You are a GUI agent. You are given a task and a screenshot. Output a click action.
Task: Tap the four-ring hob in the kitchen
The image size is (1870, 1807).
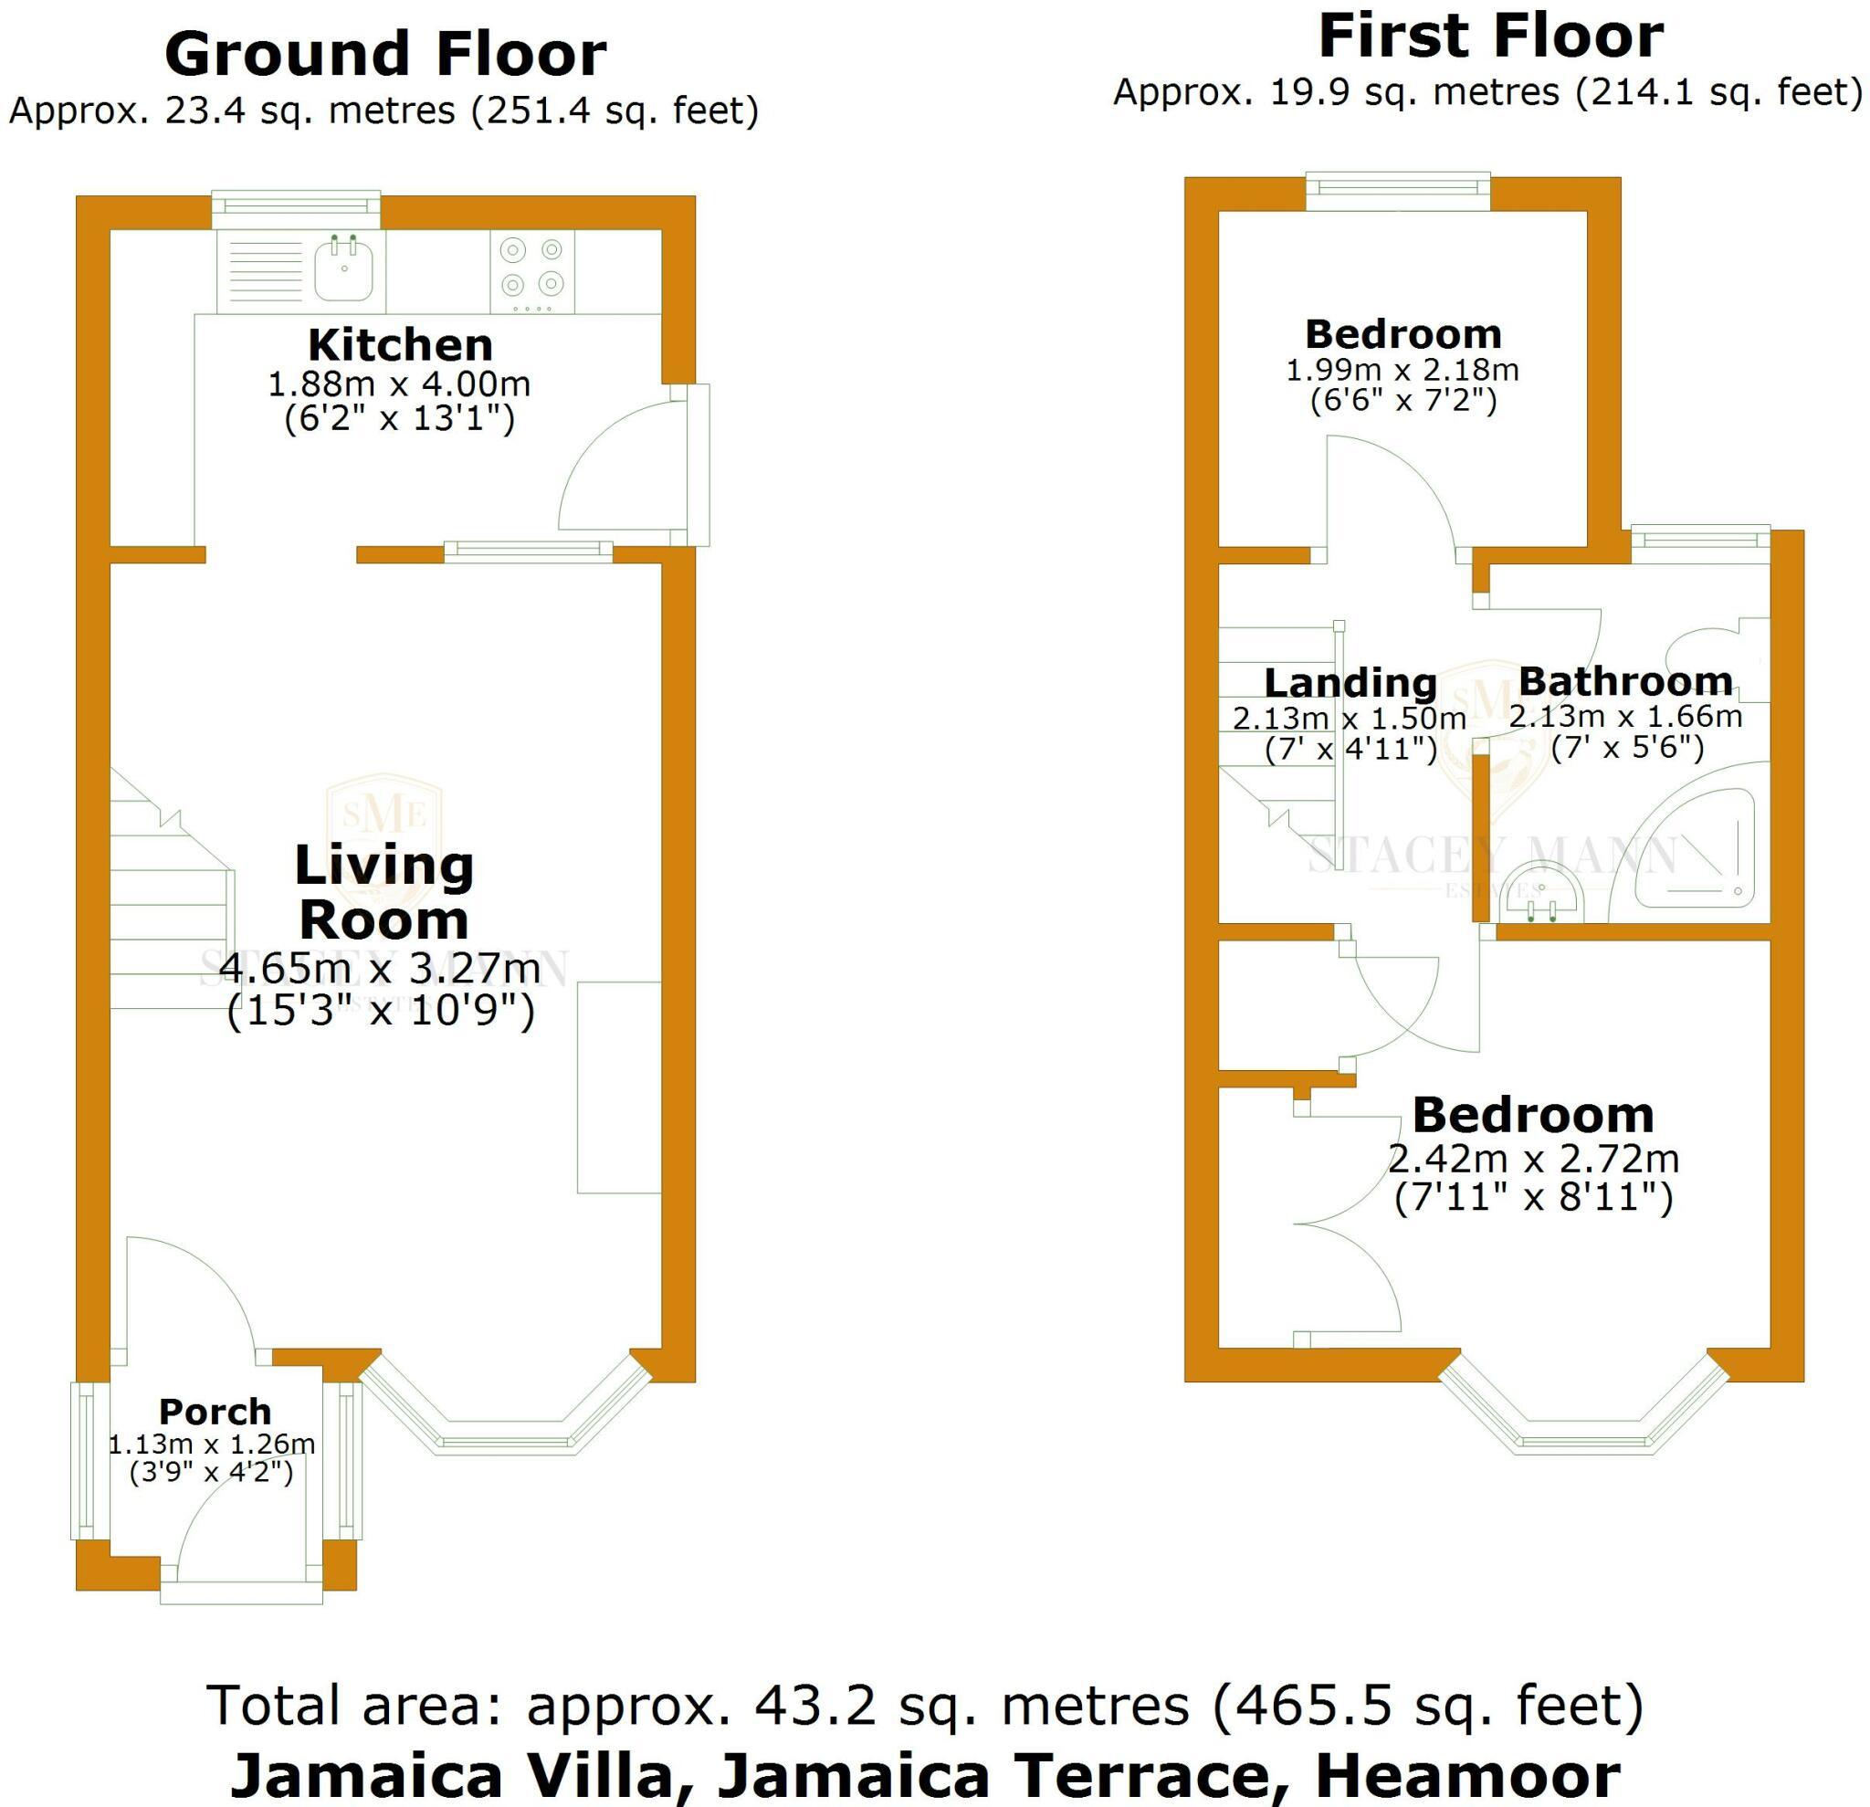(x=532, y=269)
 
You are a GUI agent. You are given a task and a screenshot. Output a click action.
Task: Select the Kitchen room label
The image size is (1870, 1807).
(x=400, y=344)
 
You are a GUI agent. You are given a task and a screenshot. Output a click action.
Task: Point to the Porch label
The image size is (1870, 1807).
(x=215, y=1411)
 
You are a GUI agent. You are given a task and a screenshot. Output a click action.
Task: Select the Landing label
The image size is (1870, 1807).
(x=1350, y=683)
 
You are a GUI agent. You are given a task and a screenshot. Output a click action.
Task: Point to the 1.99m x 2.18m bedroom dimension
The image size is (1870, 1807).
(x=1402, y=370)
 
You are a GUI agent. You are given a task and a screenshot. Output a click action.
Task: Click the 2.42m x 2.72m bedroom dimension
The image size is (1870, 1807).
(x=1533, y=1160)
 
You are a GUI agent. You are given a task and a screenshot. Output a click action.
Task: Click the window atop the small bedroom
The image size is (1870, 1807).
(x=1398, y=192)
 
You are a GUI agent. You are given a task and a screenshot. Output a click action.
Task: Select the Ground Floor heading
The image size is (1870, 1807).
(x=385, y=55)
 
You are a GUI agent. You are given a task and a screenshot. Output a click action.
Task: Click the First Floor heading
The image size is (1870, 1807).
(x=1490, y=37)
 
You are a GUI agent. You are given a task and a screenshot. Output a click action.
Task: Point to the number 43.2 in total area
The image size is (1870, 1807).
(x=814, y=1705)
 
